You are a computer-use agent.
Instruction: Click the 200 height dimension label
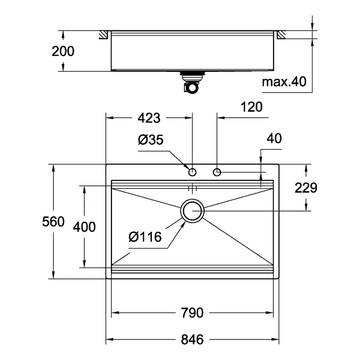click(63, 51)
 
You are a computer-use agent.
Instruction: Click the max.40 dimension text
click(284, 82)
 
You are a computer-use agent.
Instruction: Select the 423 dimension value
click(148, 118)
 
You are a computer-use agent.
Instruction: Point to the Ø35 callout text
click(151, 140)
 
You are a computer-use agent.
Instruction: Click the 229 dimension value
click(306, 188)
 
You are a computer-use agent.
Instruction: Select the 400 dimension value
click(84, 227)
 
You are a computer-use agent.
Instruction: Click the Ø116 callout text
click(145, 237)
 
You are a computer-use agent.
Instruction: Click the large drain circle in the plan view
click(192, 210)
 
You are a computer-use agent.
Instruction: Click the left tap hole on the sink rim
click(192, 172)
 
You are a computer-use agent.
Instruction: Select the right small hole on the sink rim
click(217, 172)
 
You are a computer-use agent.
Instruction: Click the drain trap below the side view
click(191, 84)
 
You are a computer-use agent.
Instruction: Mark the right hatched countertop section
click(281, 35)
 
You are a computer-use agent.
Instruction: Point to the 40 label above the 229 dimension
click(274, 139)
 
